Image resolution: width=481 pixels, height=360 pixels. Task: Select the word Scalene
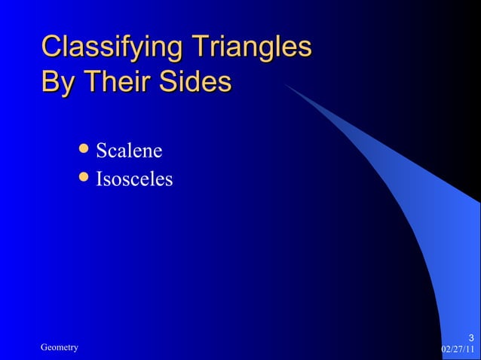(129, 151)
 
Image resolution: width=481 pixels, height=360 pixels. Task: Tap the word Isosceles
(134, 179)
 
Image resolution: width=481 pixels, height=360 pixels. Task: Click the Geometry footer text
(59, 346)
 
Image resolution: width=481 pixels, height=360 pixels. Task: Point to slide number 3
(471, 337)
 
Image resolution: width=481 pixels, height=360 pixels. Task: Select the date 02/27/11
(458, 349)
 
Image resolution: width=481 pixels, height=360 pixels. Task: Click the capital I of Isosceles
(99, 179)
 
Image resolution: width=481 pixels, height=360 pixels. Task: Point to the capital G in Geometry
(44, 346)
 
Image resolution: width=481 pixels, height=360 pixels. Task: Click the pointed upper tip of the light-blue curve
(285, 84)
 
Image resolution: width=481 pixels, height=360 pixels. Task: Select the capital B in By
(50, 82)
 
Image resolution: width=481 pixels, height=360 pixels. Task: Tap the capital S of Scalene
(101, 151)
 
